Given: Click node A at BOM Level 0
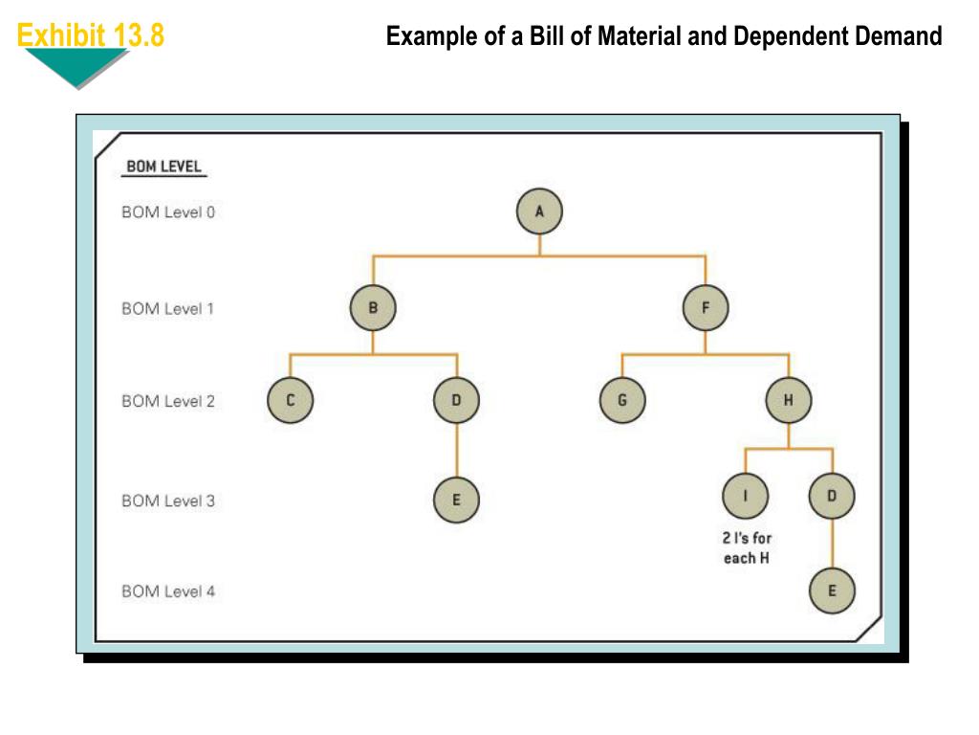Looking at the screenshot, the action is pyautogui.click(x=539, y=212).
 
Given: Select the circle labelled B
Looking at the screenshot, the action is pyautogui.click(x=373, y=308).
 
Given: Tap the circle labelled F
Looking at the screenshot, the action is pyautogui.click(x=706, y=308).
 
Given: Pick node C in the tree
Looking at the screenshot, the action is pyautogui.click(x=290, y=401).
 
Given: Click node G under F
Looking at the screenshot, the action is pyautogui.click(x=622, y=401).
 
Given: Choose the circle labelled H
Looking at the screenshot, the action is pyautogui.click(x=789, y=401).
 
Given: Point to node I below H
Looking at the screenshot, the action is pyautogui.click(x=746, y=496).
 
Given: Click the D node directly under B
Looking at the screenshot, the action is pyautogui.click(x=456, y=401).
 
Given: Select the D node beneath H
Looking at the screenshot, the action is pyautogui.click(x=832, y=496).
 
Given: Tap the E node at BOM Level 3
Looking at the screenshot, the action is pyautogui.click(x=456, y=500).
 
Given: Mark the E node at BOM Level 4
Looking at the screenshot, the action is pyautogui.click(x=832, y=590).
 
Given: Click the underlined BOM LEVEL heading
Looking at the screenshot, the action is pyautogui.click(x=164, y=167).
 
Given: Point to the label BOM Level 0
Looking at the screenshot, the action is pyautogui.click(x=168, y=212).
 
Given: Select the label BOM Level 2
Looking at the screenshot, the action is pyautogui.click(x=168, y=401).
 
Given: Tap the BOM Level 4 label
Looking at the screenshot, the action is pyautogui.click(x=168, y=591).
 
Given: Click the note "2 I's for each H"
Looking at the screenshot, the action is pyautogui.click(x=747, y=548).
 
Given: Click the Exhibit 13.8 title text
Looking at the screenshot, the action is pyautogui.click(x=91, y=36).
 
